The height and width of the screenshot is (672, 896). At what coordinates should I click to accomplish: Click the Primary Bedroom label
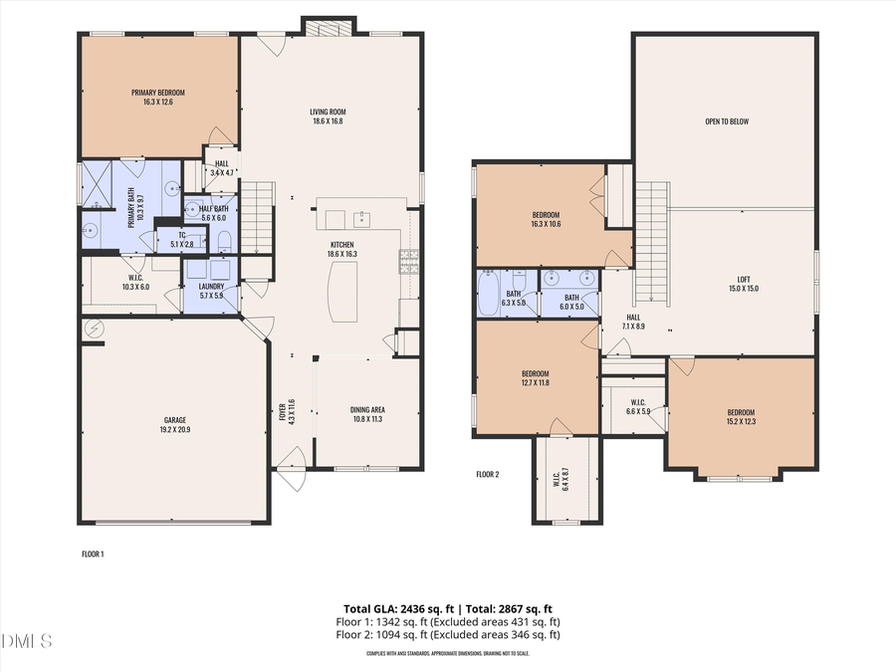tap(158, 97)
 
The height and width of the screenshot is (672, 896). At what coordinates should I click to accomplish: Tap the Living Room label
tap(328, 115)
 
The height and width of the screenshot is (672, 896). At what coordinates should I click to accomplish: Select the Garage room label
tap(175, 425)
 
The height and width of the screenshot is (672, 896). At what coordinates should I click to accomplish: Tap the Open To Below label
tap(727, 121)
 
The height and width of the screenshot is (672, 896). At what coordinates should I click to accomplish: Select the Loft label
tap(747, 284)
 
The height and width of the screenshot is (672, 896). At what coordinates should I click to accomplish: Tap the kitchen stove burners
tap(409, 261)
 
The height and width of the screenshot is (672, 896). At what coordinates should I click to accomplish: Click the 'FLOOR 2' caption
tap(488, 474)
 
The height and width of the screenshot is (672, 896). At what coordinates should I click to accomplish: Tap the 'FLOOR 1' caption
tap(93, 554)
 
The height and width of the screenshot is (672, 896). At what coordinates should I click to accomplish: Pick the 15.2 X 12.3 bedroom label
tap(741, 417)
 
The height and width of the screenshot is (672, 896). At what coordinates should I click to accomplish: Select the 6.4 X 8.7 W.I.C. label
tap(565, 478)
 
